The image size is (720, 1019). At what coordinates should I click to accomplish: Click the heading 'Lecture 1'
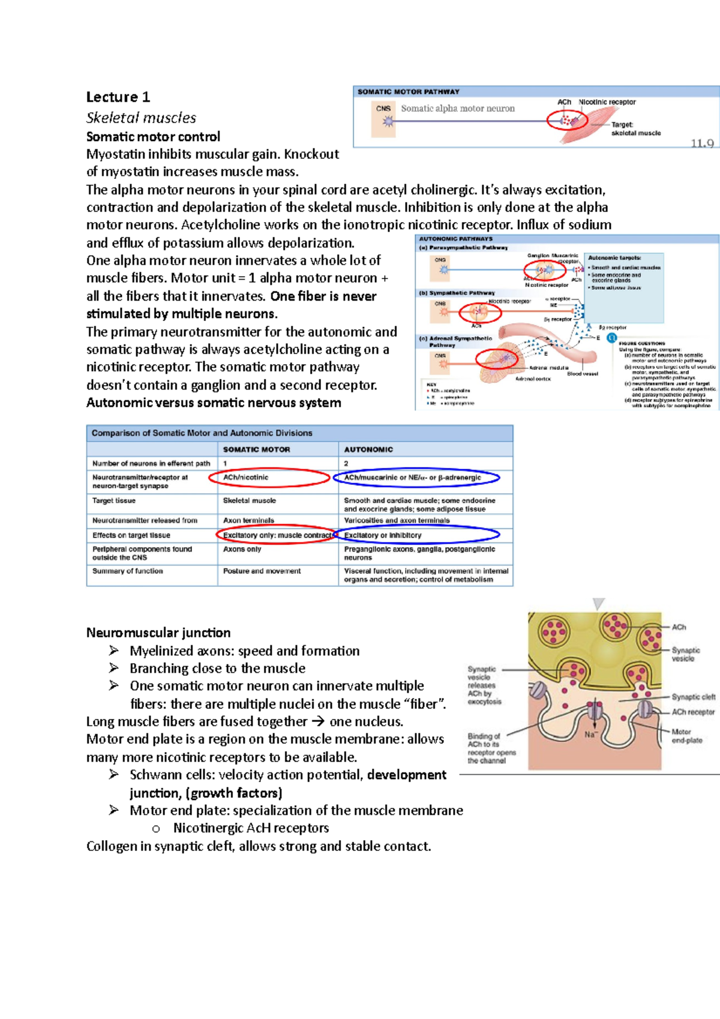tap(118, 97)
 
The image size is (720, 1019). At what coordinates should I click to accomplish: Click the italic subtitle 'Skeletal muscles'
tap(141, 118)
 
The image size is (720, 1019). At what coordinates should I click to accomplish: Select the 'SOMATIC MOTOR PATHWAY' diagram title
tap(408, 92)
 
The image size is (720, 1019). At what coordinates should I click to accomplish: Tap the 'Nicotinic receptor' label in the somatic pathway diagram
tap(607, 102)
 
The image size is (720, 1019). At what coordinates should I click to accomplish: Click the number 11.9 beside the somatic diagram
tap(701, 143)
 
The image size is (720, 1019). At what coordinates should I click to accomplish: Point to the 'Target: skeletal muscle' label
tap(635, 129)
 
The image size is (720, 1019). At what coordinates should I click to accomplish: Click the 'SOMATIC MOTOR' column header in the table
tap(256, 449)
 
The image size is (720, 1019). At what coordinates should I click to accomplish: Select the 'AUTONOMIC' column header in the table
tap(368, 449)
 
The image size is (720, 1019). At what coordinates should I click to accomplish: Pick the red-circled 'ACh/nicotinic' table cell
tap(246, 478)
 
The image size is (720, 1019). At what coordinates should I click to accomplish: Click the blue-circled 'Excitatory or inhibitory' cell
tap(383, 535)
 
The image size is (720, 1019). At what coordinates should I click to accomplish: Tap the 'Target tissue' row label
tap(114, 500)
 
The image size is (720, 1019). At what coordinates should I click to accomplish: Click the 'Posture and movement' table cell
tap(262, 571)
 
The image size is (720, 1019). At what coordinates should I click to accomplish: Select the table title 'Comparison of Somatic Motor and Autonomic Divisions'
tap(202, 433)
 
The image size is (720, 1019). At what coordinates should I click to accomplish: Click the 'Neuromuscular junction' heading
tap(158, 633)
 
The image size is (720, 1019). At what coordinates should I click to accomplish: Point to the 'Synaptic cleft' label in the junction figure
tap(693, 697)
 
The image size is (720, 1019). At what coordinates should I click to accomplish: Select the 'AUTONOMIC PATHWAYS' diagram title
tap(455, 239)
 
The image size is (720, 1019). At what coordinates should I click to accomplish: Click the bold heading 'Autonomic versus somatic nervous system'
tap(214, 403)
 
